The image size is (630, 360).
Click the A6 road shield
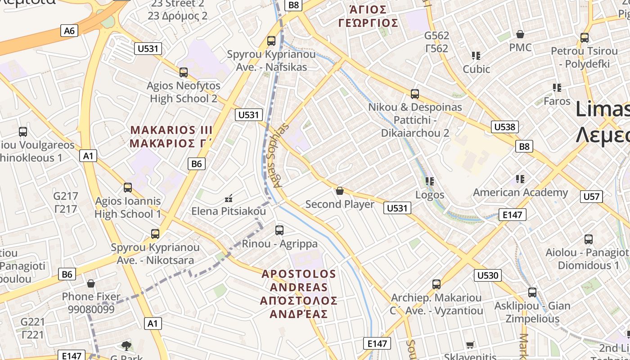click(x=69, y=31)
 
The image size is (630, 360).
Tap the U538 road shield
click(x=504, y=127)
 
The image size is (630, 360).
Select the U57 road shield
click(x=591, y=196)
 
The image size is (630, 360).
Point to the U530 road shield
click(x=488, y=275)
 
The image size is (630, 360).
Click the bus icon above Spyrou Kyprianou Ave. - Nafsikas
click(x=271, y=41)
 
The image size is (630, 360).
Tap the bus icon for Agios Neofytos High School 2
click(x=184, y=72)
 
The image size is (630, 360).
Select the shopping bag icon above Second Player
click(x=340, y=191)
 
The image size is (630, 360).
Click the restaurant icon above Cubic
click(x=476, y=56)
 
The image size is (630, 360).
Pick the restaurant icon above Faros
click(x=557, y=88)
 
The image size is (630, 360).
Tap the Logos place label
click(x=430, y=195)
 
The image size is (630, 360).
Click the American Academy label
click(x=520, y=193)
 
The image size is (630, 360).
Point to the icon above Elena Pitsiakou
click(x=229, y=198)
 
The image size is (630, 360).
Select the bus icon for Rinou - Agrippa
click(x=279, y=230)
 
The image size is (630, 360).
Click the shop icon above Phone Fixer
click(x=91, y=283)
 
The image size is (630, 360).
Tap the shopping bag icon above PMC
click(x=520, y=34)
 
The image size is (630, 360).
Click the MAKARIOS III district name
click(x=171, y=130)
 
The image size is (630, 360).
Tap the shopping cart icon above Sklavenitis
click(x=470, y=345)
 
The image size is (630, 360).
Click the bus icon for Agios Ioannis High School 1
click(x=128, y=188)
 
